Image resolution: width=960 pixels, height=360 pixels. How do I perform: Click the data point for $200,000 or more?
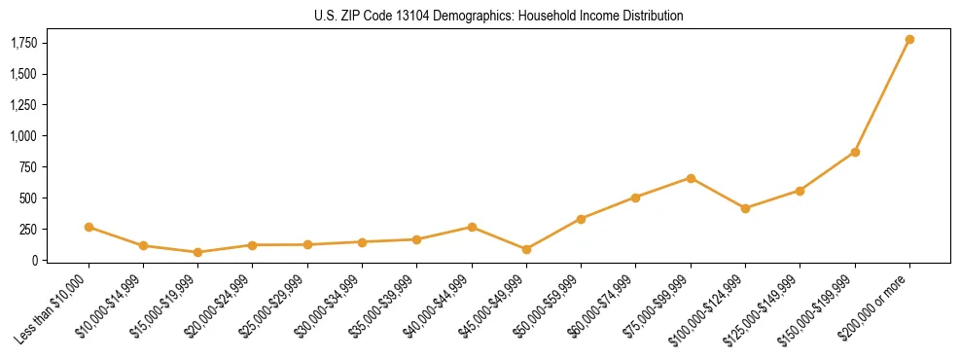point(909,40)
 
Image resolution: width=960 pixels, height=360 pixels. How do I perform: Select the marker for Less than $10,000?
point(89,227)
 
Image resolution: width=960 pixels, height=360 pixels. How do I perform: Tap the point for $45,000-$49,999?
point(526,249)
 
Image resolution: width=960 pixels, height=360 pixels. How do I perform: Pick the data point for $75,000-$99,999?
point(691,178)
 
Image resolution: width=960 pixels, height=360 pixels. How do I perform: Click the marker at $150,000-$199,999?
point(855,152)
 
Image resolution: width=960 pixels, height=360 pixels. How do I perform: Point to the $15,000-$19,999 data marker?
point(197,252)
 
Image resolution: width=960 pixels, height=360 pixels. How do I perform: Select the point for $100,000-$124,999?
point(745,208)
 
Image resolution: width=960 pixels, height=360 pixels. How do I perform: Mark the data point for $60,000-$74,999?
point(635,198)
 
